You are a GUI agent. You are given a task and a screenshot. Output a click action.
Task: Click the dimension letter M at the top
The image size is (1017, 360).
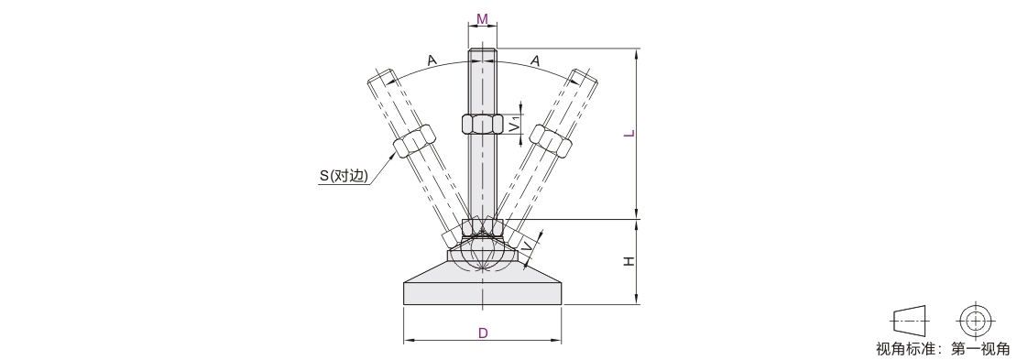tap(482, 19)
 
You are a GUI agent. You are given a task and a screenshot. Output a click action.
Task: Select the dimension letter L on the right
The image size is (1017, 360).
tap(629, 134)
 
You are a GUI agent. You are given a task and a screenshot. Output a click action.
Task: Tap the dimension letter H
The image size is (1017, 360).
tap(629, 261)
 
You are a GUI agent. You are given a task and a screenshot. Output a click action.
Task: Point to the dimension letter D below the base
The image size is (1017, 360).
tap(483, 333)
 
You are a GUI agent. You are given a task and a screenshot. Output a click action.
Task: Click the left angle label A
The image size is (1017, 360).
tap(432, 60)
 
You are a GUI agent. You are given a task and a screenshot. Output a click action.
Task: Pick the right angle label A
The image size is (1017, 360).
tap(535, 60)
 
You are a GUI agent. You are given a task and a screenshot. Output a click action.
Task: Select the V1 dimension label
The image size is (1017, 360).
tap(513, 124)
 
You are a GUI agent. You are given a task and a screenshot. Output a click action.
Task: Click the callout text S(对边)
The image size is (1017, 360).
tap(343, 176)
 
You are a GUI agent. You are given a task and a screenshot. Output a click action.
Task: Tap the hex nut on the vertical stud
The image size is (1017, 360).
tap(483, 124)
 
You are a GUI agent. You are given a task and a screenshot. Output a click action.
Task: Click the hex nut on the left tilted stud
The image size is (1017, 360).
tap(414, 141)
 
